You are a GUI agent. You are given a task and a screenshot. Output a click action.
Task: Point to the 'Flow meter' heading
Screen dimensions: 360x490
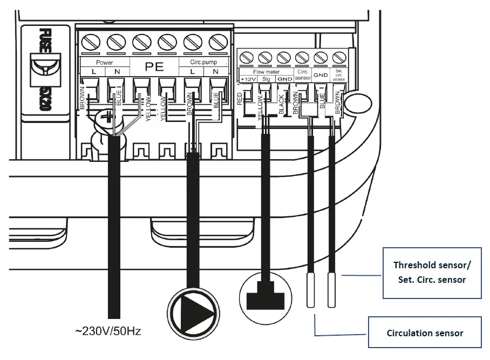click(x=266, y=71)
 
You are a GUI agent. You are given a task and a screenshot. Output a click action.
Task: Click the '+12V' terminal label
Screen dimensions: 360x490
click(x=248, y=79)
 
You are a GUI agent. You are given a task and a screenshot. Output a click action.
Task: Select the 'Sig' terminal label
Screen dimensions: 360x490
click(x=266, y=79)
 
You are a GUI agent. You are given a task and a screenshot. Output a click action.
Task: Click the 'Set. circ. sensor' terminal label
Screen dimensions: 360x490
click(x=338, y=75)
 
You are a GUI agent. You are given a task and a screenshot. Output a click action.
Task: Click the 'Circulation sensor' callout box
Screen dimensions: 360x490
click(x=425, y=333)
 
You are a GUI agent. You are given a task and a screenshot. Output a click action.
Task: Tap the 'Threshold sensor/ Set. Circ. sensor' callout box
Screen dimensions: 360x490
click(x=432, y=272)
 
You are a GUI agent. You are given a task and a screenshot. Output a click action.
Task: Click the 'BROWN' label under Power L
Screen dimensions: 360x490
click(x=83, y=97)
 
